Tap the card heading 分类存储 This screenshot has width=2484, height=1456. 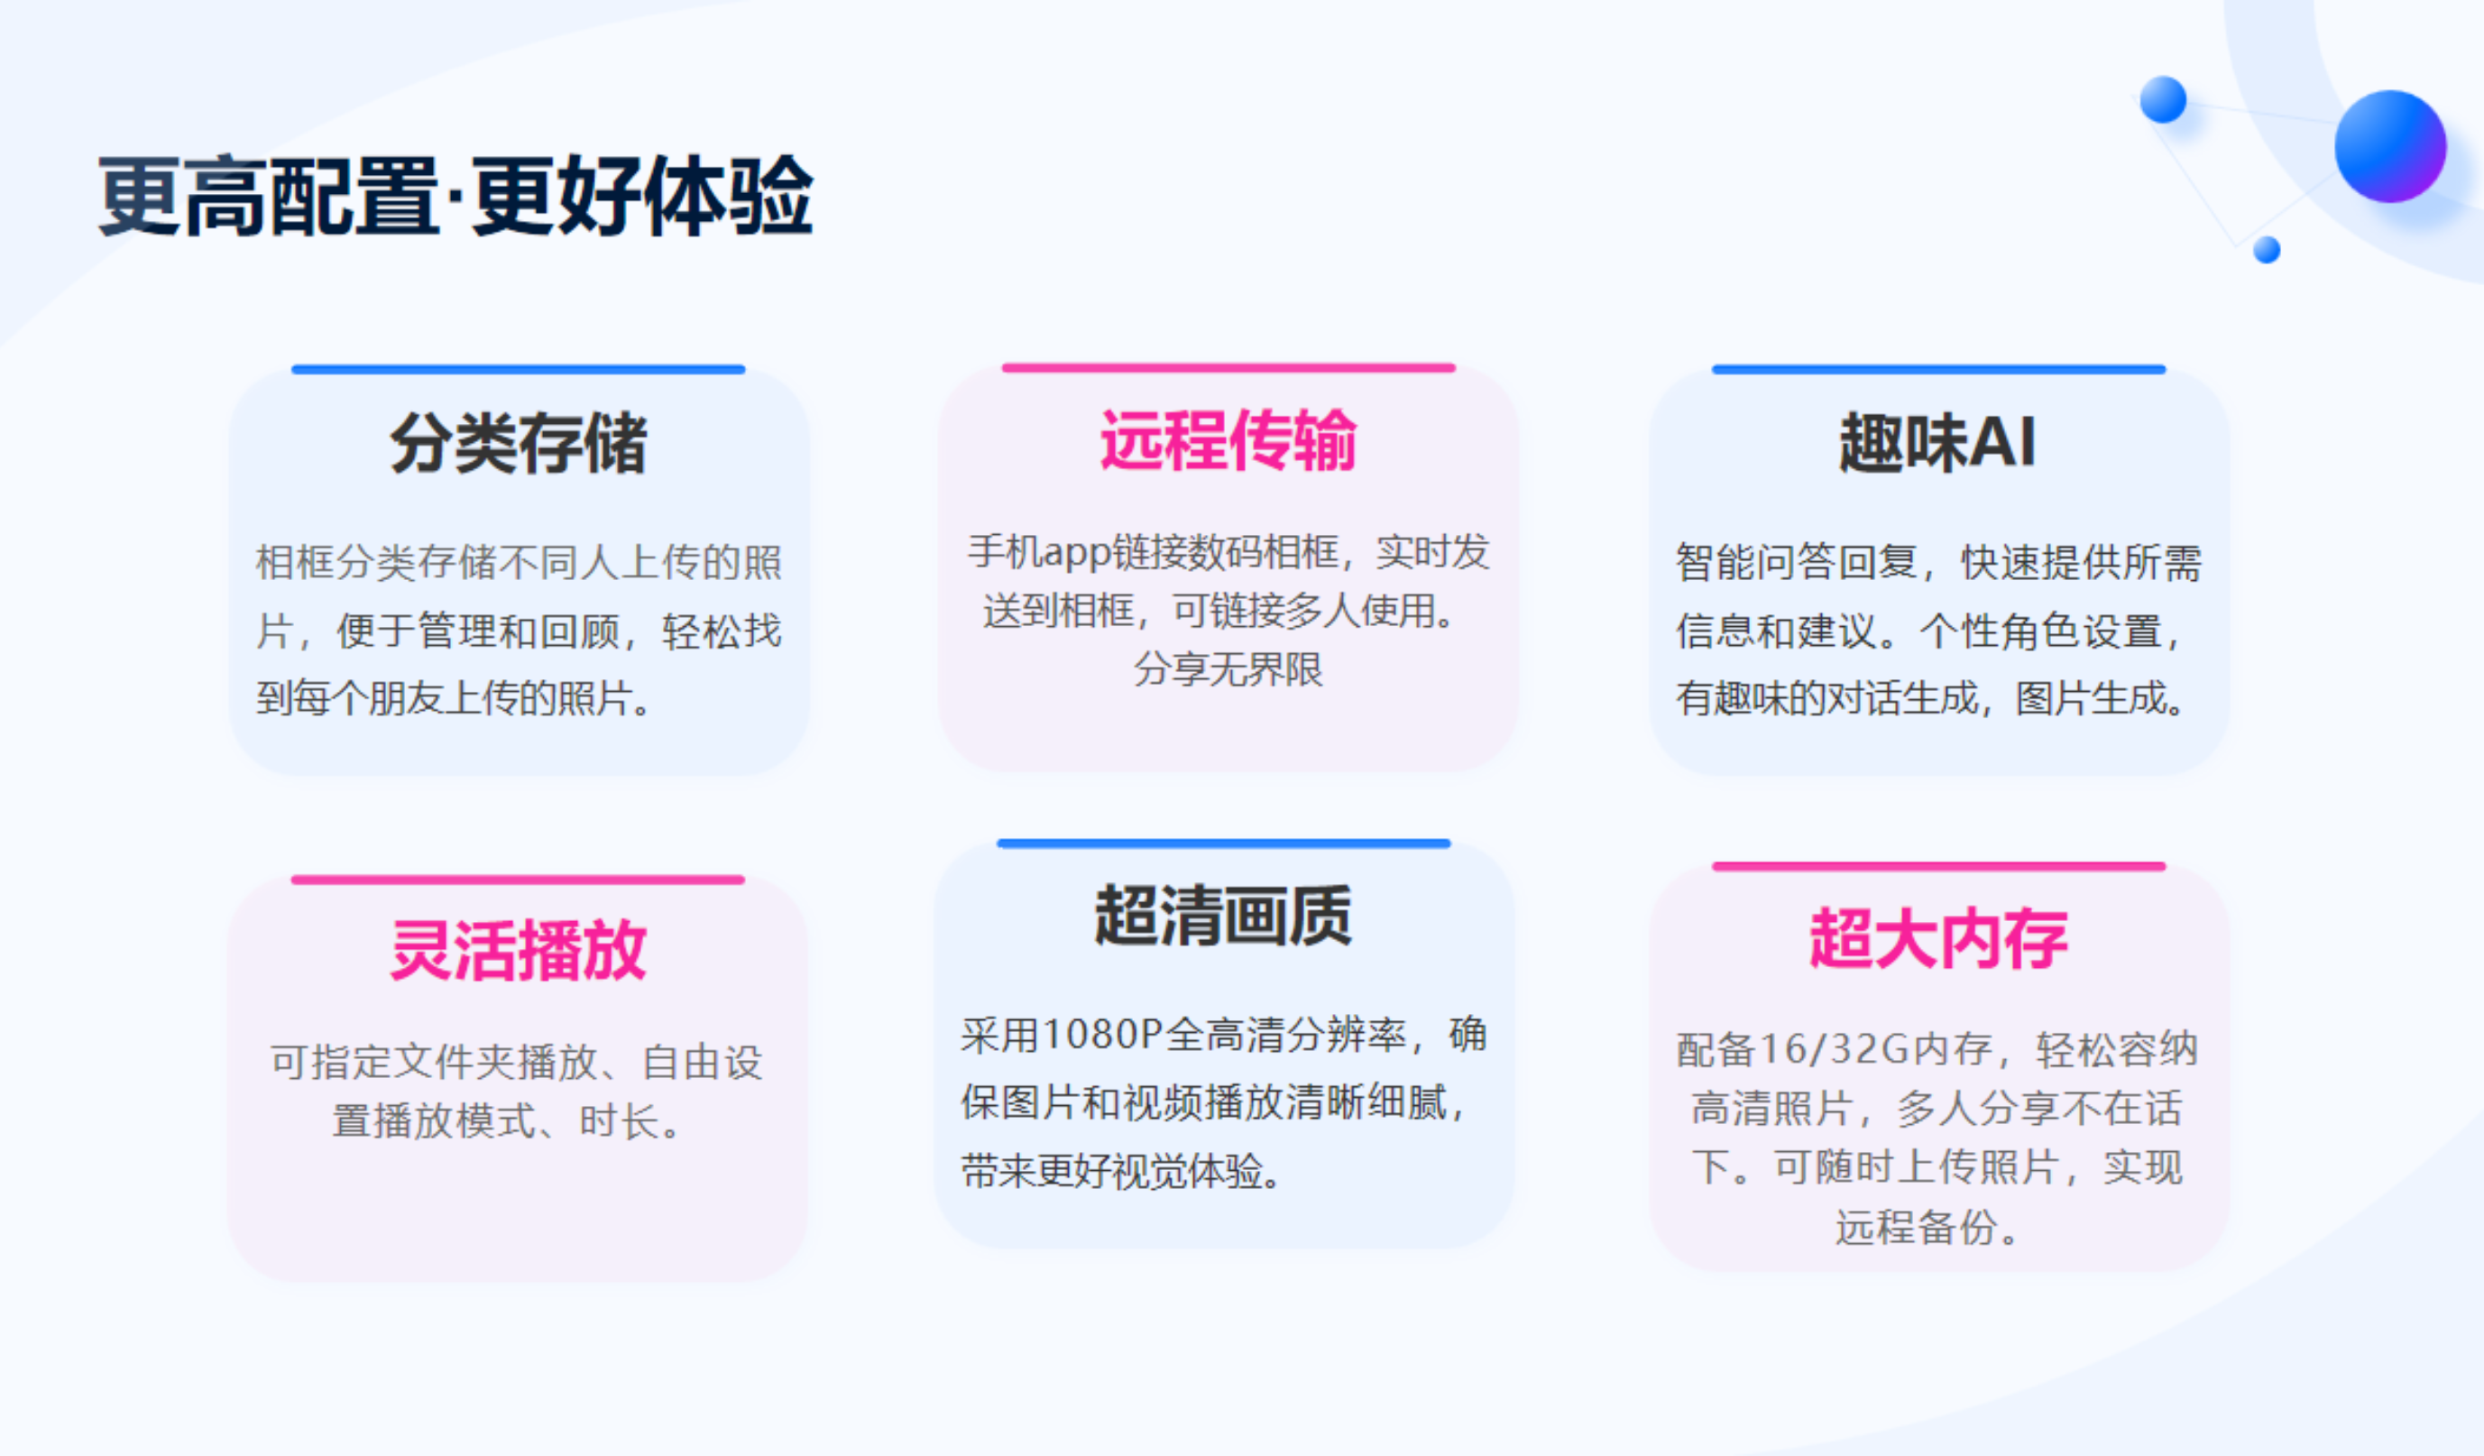point(519,443)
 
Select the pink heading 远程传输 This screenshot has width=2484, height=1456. point(1228,439)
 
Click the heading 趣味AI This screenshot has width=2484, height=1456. point(1938,442)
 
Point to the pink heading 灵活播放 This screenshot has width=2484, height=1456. point(519,950)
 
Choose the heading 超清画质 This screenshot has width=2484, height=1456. point(1223,915)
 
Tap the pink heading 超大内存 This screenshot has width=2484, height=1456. point(1938,938)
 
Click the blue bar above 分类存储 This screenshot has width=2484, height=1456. point(519,370)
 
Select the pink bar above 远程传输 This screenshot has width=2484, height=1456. point(1228,368)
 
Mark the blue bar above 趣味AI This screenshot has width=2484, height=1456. point(1939,370)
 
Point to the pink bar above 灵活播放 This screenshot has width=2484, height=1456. point(519,880)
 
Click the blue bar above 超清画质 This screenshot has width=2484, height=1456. point(1223,843)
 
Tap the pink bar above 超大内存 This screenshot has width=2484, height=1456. point(1939,867)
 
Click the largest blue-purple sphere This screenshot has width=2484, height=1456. point(2390,146)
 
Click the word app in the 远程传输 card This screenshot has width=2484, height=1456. point(1076,553)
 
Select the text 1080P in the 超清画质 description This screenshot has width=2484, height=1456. point(1102,1034)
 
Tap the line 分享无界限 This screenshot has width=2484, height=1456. point(1228,669)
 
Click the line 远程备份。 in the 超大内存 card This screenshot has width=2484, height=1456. point(1927,1227)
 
